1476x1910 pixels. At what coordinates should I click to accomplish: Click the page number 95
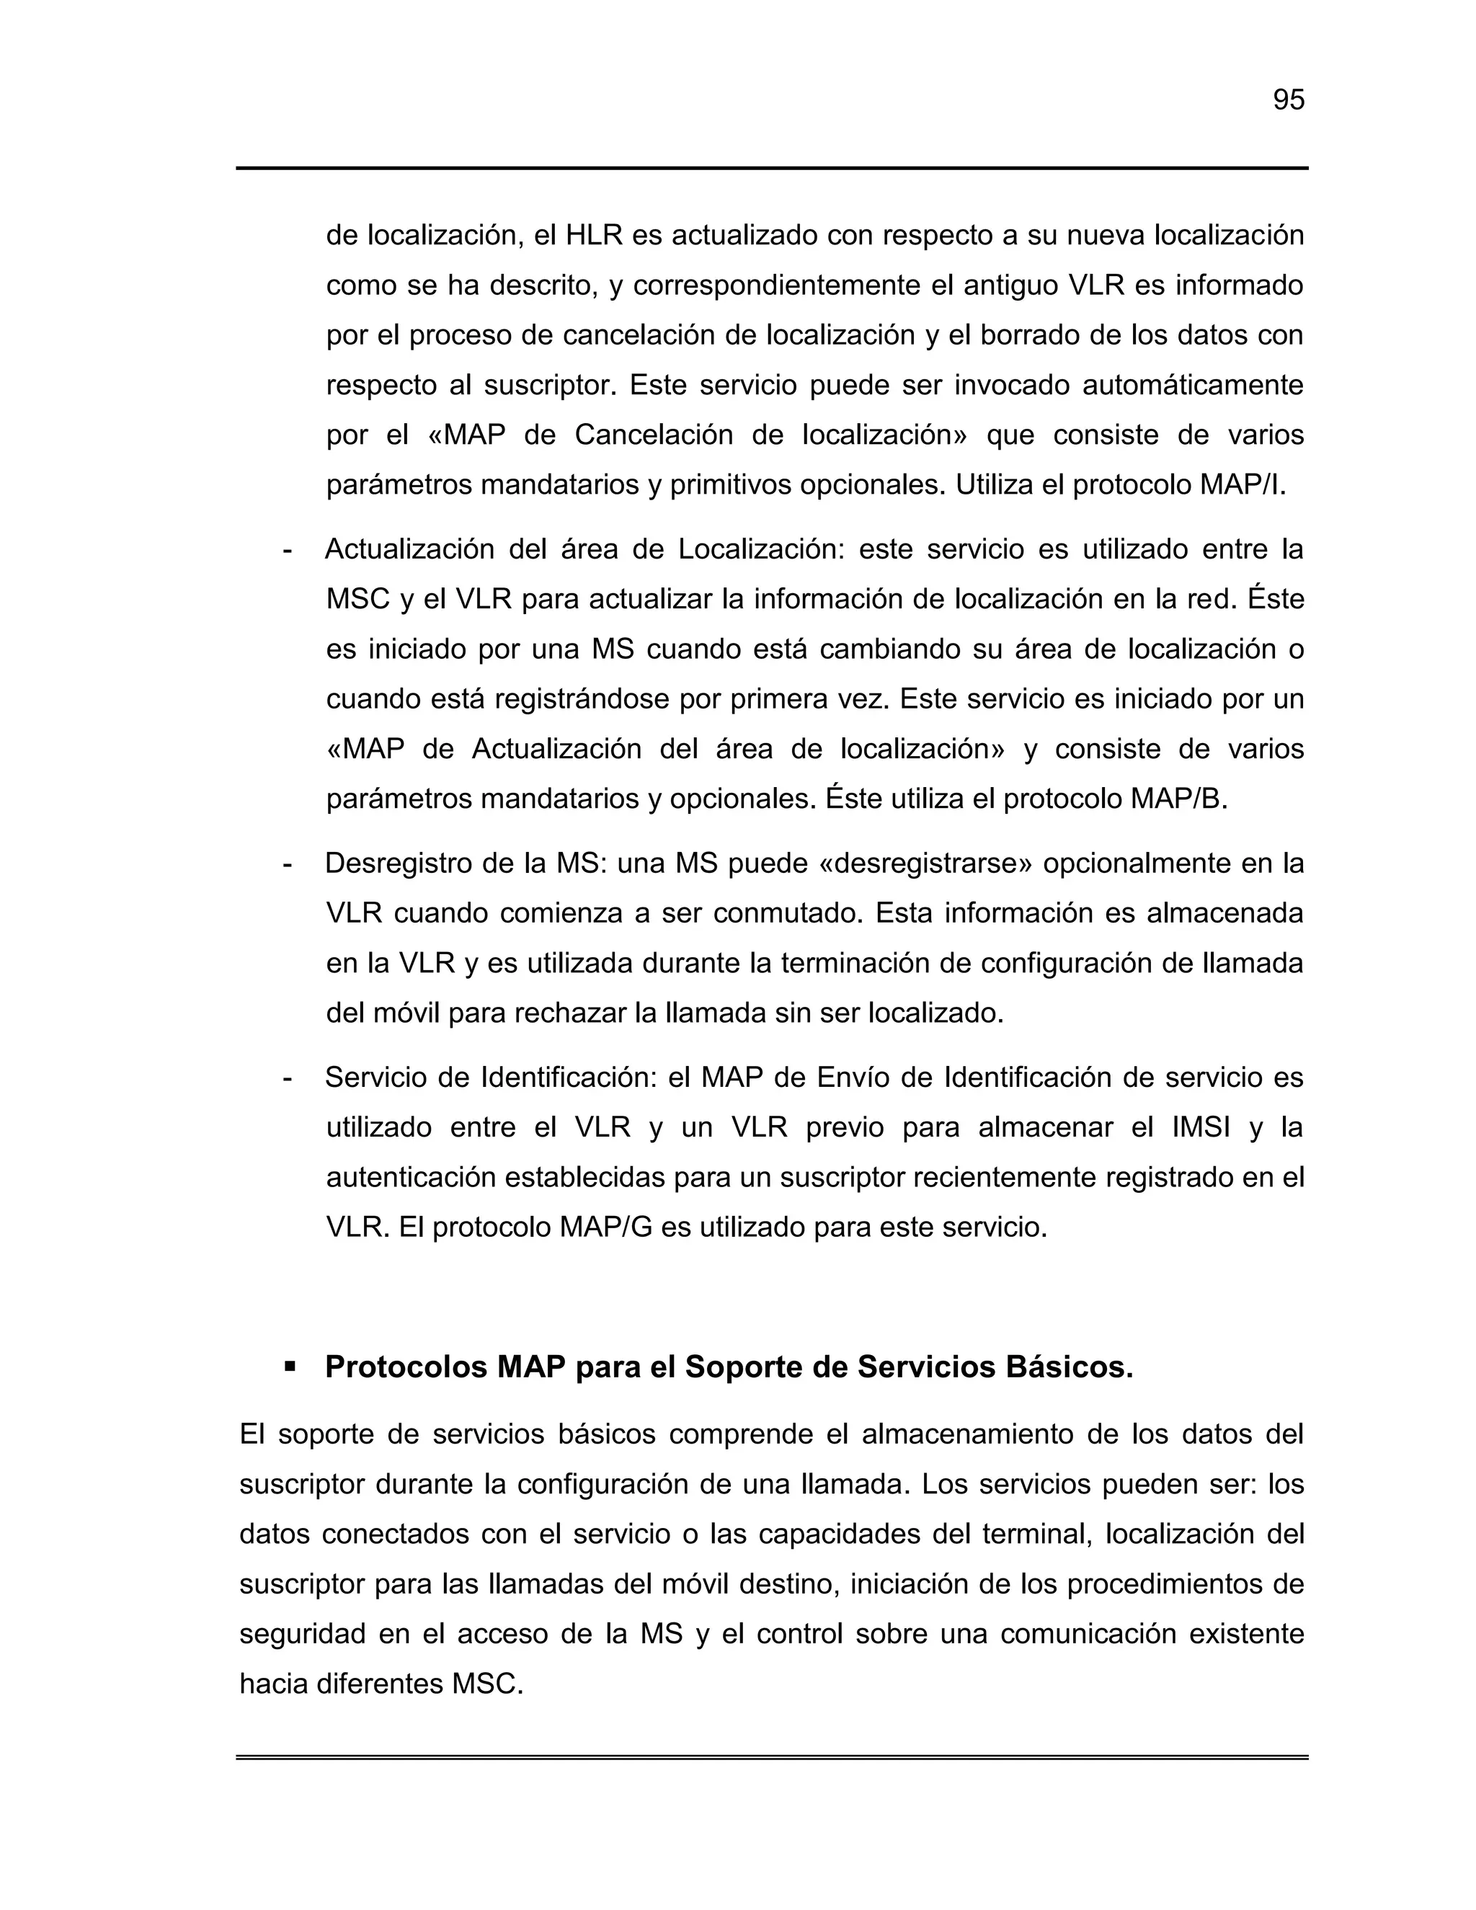click(1288, 101)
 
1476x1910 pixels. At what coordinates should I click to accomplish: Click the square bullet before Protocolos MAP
click(290, 1366)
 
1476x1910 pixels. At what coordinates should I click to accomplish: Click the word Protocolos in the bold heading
click(406, 1367)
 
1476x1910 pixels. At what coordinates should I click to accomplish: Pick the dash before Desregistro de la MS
click(288, 864)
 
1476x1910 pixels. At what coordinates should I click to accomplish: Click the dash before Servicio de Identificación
click(288, 1078)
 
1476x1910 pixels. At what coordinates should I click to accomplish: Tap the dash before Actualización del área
click(288, 550)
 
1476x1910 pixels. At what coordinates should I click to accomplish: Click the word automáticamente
click(1193, 386)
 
